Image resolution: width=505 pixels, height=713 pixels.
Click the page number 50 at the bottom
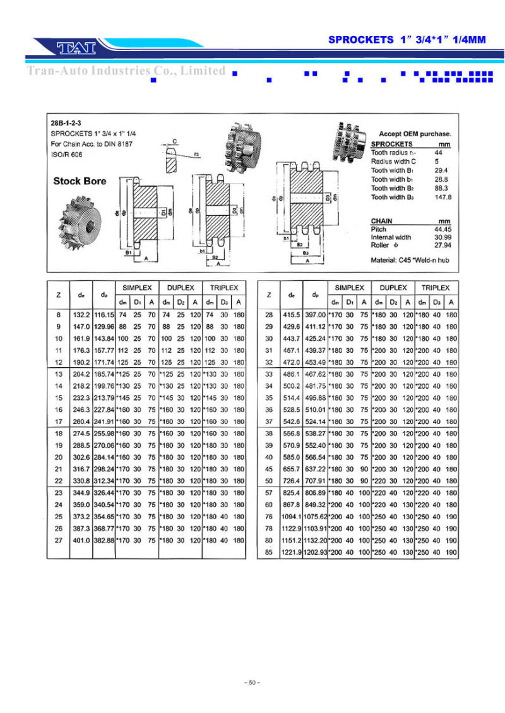point(252,683)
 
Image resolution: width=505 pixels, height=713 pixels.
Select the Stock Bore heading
point(80,181)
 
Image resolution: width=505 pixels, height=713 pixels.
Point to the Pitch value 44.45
point(443,229)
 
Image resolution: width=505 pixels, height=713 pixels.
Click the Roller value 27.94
point(443,245)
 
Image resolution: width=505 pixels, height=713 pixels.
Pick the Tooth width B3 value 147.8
point(443,197)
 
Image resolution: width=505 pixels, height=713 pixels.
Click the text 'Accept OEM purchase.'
point(415,134)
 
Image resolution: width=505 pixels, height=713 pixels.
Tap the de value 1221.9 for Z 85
point(291,553)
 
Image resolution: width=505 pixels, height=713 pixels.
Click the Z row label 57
point(269,493)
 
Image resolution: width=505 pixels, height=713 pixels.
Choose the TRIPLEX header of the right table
point(436,288)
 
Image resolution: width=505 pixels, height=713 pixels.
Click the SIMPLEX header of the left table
point(136,288)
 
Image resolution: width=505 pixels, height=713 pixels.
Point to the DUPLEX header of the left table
point(180,288)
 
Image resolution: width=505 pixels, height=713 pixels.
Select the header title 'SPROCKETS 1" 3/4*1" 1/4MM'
point(407,39)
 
